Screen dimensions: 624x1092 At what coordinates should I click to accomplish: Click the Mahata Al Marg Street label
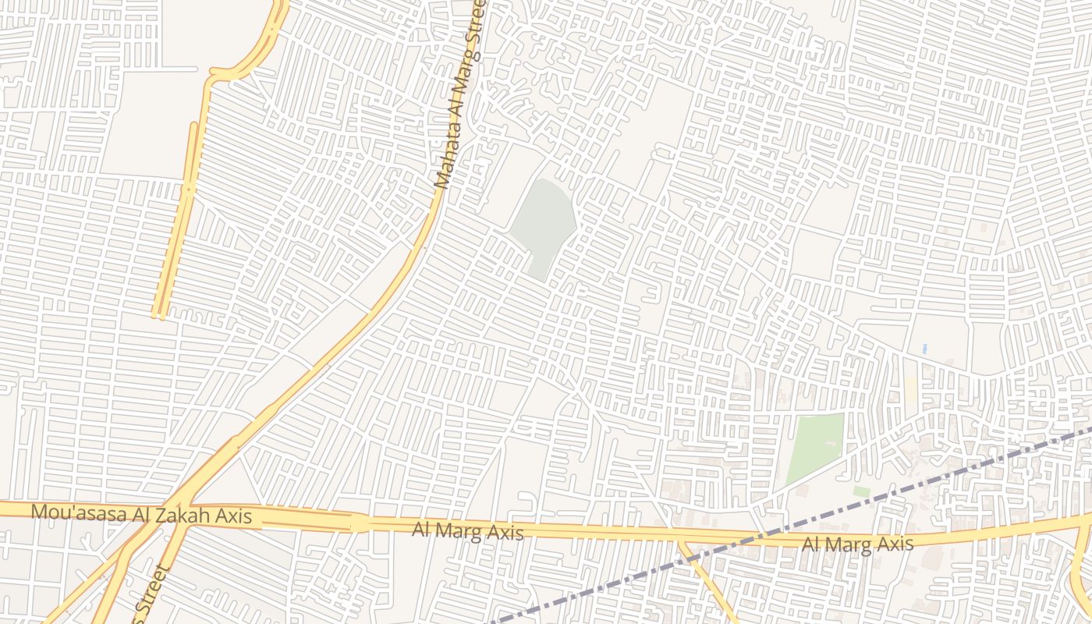pyautogui.click(x=461, y=94)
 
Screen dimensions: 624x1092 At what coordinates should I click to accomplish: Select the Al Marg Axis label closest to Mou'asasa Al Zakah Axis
pyautogui.click(x=468, y=531)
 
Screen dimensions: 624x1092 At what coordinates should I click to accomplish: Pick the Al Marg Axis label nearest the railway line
pyautogui.click(x=857, y=544)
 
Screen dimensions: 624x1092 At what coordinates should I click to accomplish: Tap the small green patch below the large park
pyautogui.click(x=861, y=491)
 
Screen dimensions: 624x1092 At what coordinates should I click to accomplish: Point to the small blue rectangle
pyautogui.click(x=925, y=348)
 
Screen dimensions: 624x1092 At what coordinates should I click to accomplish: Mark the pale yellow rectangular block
pyautogui.click(x=911, y=388)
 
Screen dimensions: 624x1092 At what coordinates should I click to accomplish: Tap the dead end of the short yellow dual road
pyautogui.click(x=160, y=314)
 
